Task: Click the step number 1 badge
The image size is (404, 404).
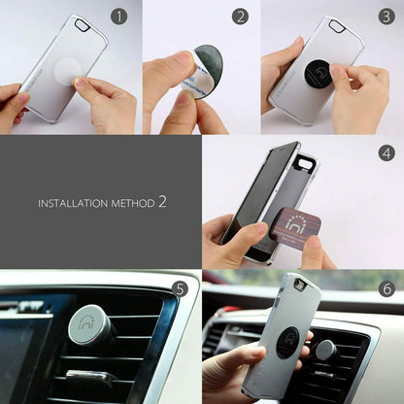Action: tap(118, 17)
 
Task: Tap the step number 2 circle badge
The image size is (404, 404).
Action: tap(241, 17)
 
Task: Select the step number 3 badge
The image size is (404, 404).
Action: tap(387, 17)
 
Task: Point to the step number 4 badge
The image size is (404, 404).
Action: tap(387, 153)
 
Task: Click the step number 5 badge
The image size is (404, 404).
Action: tap(179, 288)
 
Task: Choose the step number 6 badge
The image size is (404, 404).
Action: tap(387, 288)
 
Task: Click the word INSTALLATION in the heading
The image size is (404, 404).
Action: tap(74, 204)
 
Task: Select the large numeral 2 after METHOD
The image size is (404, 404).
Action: tap(162, 202)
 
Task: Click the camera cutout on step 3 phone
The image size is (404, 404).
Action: tap(335, 26)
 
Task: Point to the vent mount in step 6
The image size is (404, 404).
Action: tap(325, 350)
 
